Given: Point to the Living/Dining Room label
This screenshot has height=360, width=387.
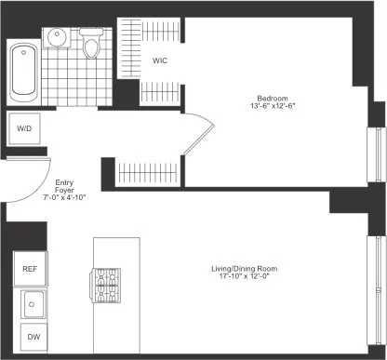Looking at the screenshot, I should (x=245, y=270).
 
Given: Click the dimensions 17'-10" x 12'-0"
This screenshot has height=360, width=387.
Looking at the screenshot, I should (x=245, y=278).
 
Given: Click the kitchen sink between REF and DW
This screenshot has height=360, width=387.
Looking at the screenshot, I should (x=33, y=302).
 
